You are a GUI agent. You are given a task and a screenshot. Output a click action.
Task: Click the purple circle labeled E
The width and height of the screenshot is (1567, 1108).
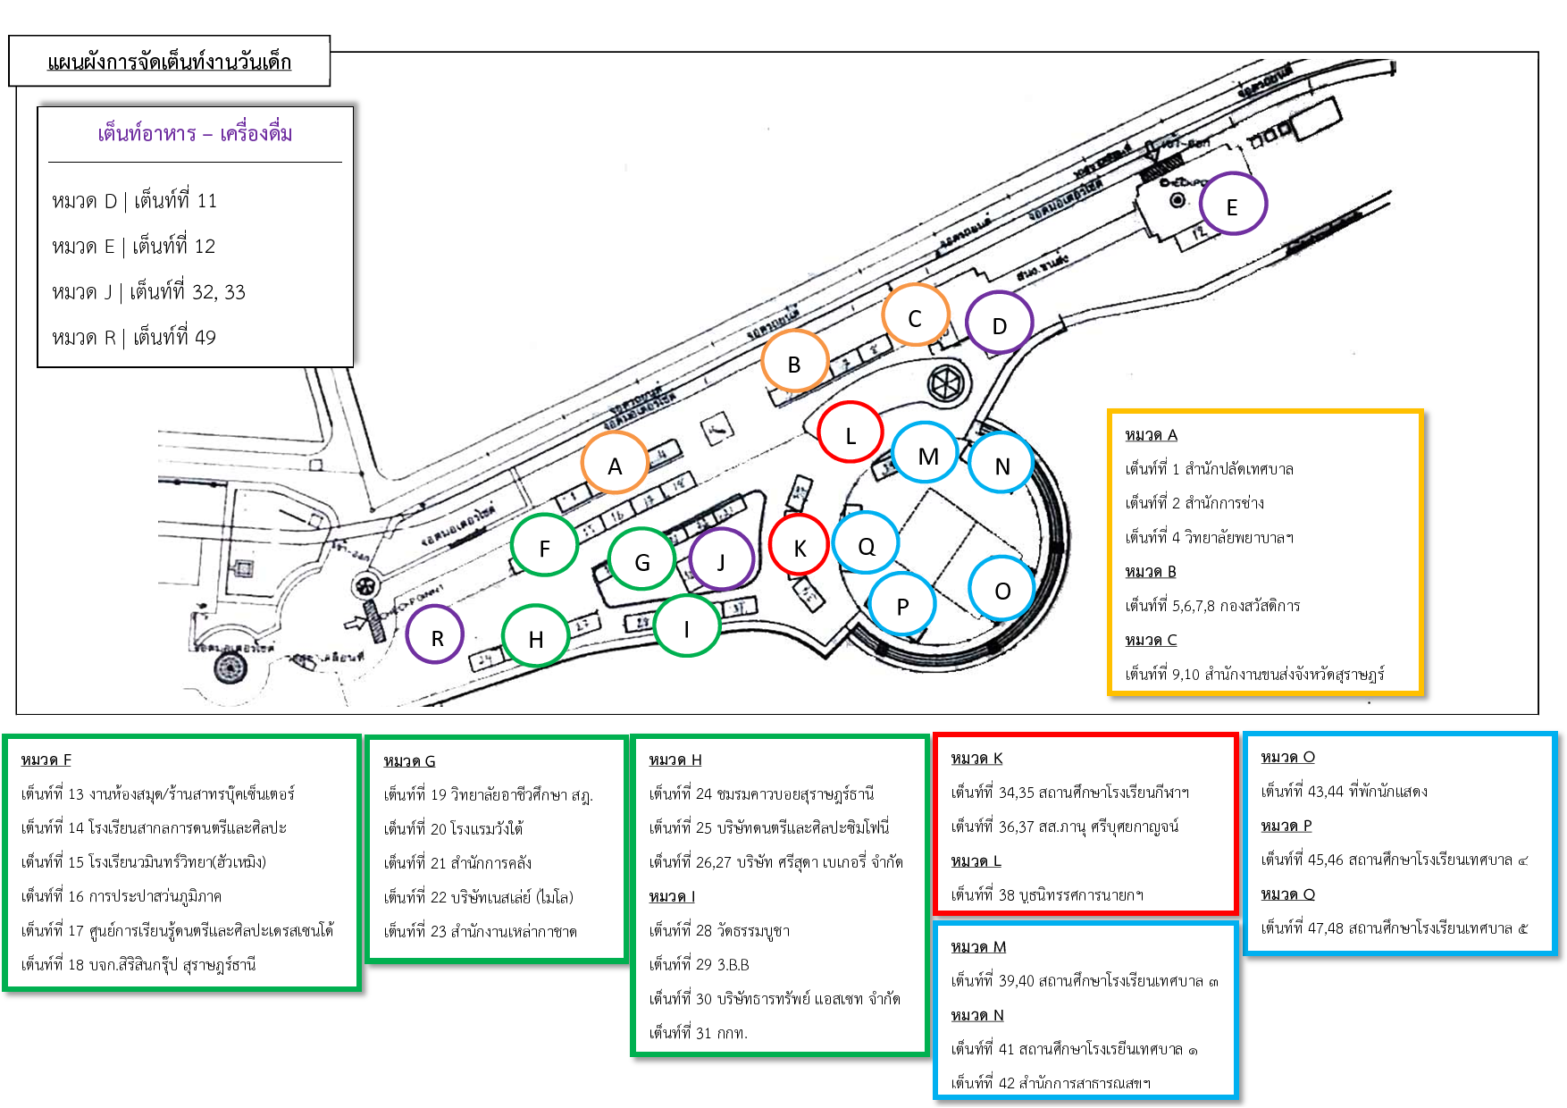pyautogui.click(x=1233, y=204)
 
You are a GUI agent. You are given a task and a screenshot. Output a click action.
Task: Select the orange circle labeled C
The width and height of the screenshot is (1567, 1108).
pyautogui.click(x=915, y=315)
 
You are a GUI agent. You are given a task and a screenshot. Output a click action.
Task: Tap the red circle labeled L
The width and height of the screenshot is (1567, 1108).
pyautogui.click(x=851, y=432)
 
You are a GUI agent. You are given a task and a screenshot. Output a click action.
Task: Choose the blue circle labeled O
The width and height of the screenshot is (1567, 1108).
pyautogui.click(x=1002, y=588)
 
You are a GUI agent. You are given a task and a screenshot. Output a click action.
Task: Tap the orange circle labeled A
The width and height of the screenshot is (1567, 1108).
pyautogui.click(x=615, y=463)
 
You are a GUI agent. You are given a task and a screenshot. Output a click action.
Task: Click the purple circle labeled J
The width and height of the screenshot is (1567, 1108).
pyautogui.click(x=721, y=558)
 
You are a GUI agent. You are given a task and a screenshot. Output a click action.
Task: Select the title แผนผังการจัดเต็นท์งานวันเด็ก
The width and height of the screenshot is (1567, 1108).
pyautogui.click(x=169, y=62)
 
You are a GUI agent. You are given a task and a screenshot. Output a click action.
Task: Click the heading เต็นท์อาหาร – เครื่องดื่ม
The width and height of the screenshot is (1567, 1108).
pyautogui.click(x=195, y=133)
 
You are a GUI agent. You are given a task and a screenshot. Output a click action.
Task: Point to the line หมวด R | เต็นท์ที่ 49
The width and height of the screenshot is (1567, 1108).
pyautogui.click(x=134, y=337)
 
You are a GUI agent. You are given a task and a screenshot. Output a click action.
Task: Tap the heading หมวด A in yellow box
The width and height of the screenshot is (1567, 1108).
pyautogui.click(x=1151, y=434)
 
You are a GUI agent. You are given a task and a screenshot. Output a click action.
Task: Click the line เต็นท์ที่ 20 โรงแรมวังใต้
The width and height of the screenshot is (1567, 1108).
pyautogui.click(x=453, y=828)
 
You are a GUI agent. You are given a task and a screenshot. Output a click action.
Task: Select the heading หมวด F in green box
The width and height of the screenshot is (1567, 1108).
pyautogui.click(x=46, y=760)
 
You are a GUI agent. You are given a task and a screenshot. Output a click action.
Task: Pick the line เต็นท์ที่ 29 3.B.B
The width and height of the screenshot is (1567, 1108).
pyautogui.click(x=699, y=964)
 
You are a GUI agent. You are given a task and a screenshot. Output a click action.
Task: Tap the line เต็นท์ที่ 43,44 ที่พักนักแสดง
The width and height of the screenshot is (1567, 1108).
pyautogui.click(x=1344, y=791)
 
